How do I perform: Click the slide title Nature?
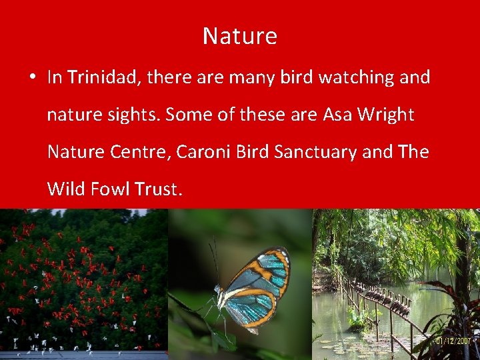(240, 36)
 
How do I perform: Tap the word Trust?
(157, 189)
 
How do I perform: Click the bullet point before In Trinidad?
(32, 78)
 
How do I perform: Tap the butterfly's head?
(218, 291)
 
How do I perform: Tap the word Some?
(189, 115)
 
